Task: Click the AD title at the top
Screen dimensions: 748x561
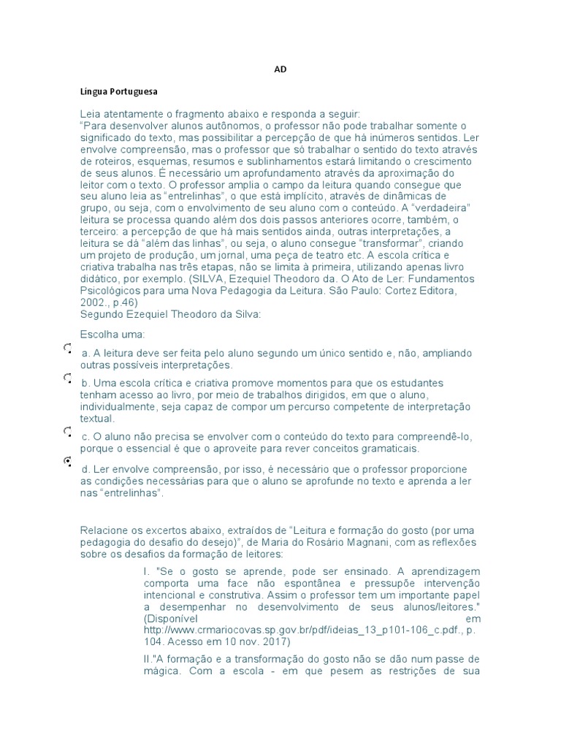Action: point(280,69)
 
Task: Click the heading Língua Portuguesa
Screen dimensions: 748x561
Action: point(119,93)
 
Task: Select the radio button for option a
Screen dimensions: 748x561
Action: point(67,349)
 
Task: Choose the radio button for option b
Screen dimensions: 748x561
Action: point(67,378)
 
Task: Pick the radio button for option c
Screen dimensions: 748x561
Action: point(67,432)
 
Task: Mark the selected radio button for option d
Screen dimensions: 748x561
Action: point(67,461)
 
